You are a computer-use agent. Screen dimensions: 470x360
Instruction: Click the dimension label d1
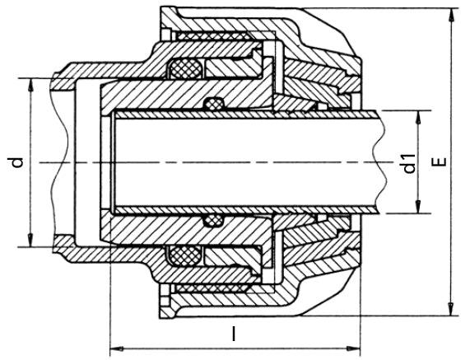pyautogui.click(x=409, y=164)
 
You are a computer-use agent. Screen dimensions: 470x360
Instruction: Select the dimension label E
pyautogui.click(x=440, y=161)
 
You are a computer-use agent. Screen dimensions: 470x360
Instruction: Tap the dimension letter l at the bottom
pyautogui.click(x=234, y=334)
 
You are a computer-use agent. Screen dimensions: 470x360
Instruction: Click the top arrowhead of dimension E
pyautogui.click(x=450, y=14)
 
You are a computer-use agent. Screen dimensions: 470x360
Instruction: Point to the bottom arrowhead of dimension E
pyautogui.click(x=450, y=309)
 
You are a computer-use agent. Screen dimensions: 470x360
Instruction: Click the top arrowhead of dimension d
pyautogui.click(x=30, y=85)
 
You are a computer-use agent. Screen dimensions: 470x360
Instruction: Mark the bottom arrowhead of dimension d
pyautogui.click(x=30, y=241)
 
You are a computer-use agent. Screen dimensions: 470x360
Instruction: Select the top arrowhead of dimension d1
pyautogui.click(x=417, y=117)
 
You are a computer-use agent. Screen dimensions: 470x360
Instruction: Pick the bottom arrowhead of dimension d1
pyautogui.click(x=417, y=207)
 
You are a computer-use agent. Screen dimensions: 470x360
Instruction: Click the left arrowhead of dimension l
pyautogui.click(x=117, y=349)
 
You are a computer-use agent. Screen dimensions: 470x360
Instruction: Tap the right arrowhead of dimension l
pyautogui.click(x=354, y=349)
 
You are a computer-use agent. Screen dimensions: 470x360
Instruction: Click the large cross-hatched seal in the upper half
pyautogui.click(x=186, y=68)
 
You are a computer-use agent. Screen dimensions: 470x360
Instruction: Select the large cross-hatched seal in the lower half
pyautogui.click(x=185, y=256)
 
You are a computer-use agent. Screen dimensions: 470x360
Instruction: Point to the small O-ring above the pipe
pyautogui.click(x=214, y=104)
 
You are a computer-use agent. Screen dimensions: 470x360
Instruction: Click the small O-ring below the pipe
pyautogui.click(x=214, y=221)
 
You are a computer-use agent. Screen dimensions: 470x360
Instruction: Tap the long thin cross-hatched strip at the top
pyautogui.click(x=213, y=36)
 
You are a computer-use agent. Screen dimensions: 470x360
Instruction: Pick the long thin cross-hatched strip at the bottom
pyautogui.click(x=212, y=288)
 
